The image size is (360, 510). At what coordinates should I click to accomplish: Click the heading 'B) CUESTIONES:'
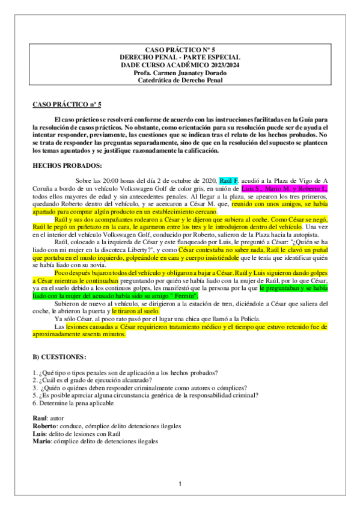(x=60, y=357)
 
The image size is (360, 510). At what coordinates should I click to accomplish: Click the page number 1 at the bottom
(x=180, y=484)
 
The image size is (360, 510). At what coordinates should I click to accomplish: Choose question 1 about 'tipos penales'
(x=125, y=372)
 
